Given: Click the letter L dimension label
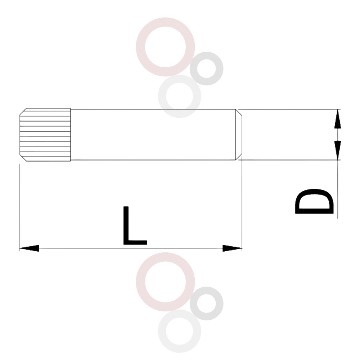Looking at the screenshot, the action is pos(135,225).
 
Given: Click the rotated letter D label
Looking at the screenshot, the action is pos(314,201).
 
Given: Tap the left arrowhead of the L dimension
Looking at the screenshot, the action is pos(29,248).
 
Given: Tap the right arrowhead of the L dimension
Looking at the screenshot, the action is pos(232,248).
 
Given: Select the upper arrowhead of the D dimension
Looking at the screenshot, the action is pos(338,119).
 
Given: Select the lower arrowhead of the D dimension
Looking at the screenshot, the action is pos(338,150).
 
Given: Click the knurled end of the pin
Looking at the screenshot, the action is pos(45,135).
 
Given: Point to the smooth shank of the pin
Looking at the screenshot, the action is pos(153,135).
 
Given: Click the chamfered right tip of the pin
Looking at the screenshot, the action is pos(239,135).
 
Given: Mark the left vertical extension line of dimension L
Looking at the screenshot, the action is pos(20,207).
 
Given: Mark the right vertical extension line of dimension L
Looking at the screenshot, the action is pos(242,204).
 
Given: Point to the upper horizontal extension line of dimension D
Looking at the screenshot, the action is pos(289,109).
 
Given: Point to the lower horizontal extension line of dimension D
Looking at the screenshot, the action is pos(289,160).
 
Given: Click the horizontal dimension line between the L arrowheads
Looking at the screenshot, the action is pos(131,248).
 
